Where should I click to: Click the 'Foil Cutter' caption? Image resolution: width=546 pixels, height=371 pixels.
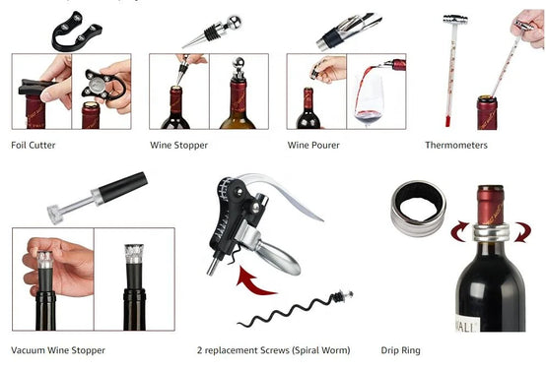pos(34,145)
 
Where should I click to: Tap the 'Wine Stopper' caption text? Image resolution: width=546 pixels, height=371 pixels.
pos(178,145)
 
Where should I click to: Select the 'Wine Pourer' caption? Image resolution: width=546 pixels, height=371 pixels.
pos(313,145)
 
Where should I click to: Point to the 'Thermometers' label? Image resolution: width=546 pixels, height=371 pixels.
pos(456,145)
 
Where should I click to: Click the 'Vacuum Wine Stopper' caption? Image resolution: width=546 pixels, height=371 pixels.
pos(58,350)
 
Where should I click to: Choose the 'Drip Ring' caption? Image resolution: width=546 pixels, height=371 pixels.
pos(400,350)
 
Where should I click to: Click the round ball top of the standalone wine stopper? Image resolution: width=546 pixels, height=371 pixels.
pos(234,23)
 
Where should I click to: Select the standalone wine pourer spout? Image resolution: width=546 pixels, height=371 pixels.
pos(349,31)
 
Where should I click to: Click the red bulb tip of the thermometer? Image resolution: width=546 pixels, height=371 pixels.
pos(447,121)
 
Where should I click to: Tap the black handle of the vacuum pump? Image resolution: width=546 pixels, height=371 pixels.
pos(123,188)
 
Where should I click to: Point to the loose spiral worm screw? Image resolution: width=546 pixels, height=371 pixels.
pos(296,309)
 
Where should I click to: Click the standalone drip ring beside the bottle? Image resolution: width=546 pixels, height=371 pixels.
pos(418,209)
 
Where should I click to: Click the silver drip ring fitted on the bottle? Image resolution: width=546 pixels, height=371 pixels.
pos(491,232)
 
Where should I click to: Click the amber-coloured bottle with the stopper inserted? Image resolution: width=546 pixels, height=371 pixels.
pos(239,104)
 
